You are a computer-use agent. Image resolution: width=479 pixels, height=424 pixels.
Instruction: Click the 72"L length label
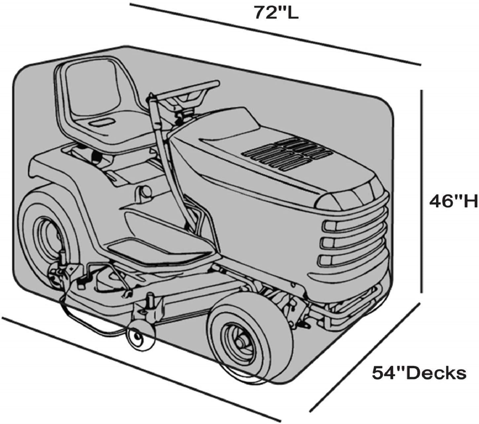click(x=276, y=12)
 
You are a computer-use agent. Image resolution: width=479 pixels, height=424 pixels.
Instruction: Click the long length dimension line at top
click(x=275, y=34)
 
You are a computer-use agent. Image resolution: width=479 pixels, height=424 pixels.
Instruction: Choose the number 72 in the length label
click(x=264, y=12)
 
